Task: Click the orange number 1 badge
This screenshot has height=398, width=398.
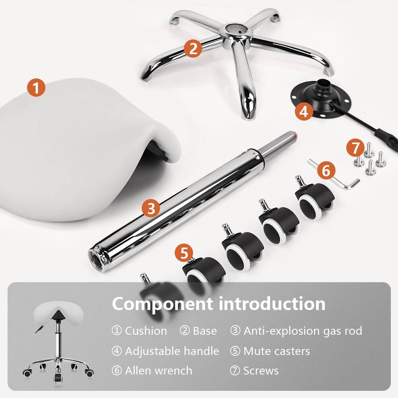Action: click(36, 88)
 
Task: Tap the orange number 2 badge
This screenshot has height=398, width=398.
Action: click(193, 49)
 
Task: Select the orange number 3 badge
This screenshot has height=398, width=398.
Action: click(151, 208)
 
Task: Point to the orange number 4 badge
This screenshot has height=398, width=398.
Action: click(304, 111)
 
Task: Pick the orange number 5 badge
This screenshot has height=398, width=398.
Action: click(184, 252)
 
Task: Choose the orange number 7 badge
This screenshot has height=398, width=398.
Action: click(355, 148)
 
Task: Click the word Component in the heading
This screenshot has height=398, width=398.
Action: click(162, 304)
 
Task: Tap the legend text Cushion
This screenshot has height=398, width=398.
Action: click(146, 331)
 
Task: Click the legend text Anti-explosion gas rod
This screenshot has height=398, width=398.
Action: click(302, 331)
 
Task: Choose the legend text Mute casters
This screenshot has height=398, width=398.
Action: click(277, 351)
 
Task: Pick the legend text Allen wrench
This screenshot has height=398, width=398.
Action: click(158, 371)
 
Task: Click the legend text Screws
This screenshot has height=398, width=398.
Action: click(261, 371)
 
